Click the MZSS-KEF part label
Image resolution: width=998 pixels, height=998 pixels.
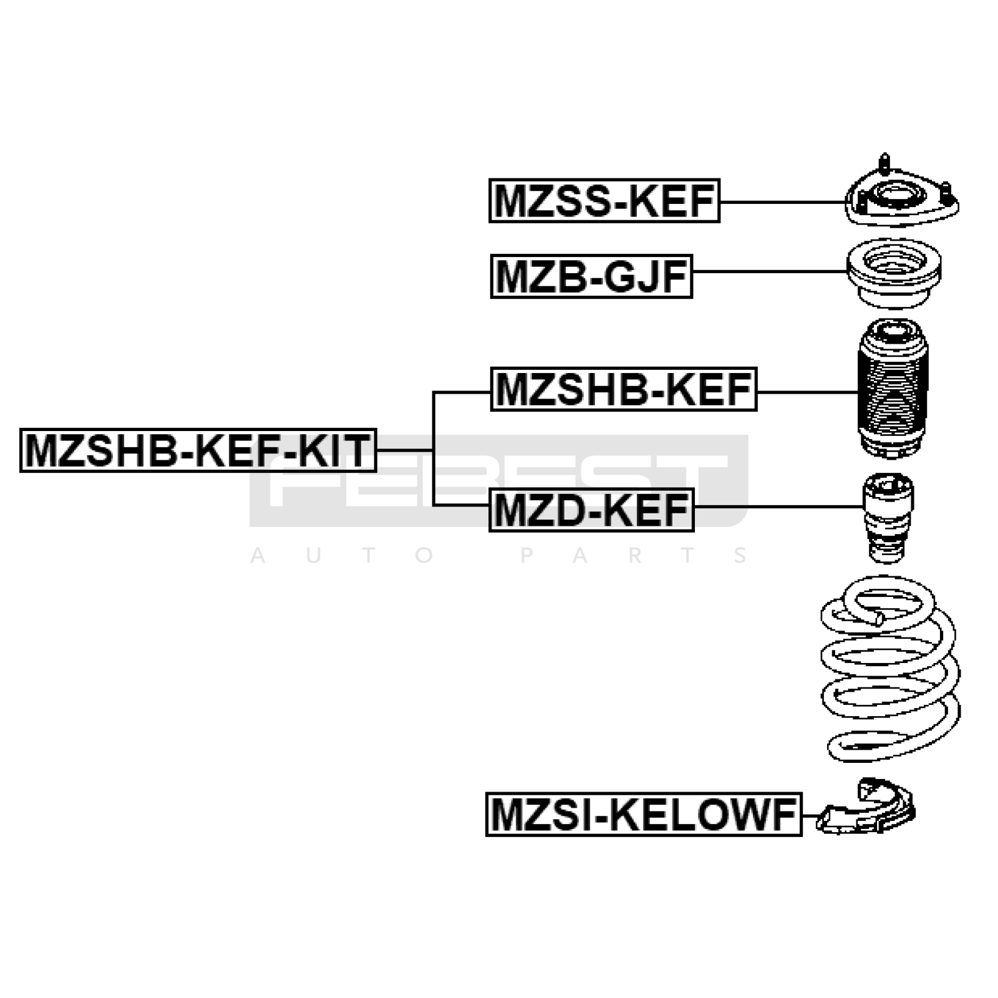pyautogui.click(x=604, y=201)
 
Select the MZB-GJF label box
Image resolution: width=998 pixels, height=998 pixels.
pyautogui.click(x=591, y=276)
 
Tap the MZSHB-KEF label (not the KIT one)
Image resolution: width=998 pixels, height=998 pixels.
pyautogui.click(x=624, y=389)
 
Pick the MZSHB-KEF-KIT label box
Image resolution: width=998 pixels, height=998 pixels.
pyautogui.click(x=198, y=450)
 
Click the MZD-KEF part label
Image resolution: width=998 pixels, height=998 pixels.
pyautogui.click(x=591, y=510)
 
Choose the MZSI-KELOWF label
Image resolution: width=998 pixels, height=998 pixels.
pyautogui.click(x=644, y=815)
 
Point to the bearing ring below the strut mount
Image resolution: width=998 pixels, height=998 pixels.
pyautogui.click(x=894, y=273)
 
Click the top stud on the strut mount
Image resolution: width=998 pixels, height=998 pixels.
pyautogui.click(x=884, y=162)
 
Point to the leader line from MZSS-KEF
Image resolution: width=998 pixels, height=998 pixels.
pyautogui.click(x=780, y=202)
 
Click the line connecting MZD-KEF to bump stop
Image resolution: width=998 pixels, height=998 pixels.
pyautogui.click(x=777, y=506)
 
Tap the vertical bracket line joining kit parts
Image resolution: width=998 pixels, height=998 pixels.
pyautogui.click(x=433, y=449)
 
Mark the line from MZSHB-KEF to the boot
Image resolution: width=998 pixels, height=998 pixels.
pyautogui.click(x=807, y=392)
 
